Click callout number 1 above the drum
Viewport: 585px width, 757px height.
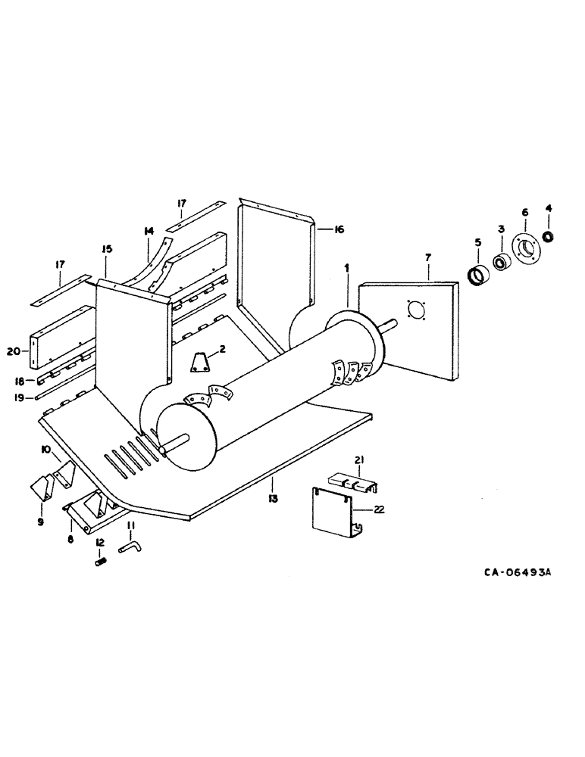[346, 269]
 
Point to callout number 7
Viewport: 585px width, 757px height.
[427, 258]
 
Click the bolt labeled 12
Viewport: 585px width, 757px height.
[100, 561]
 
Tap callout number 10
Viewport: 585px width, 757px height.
[45, 449]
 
